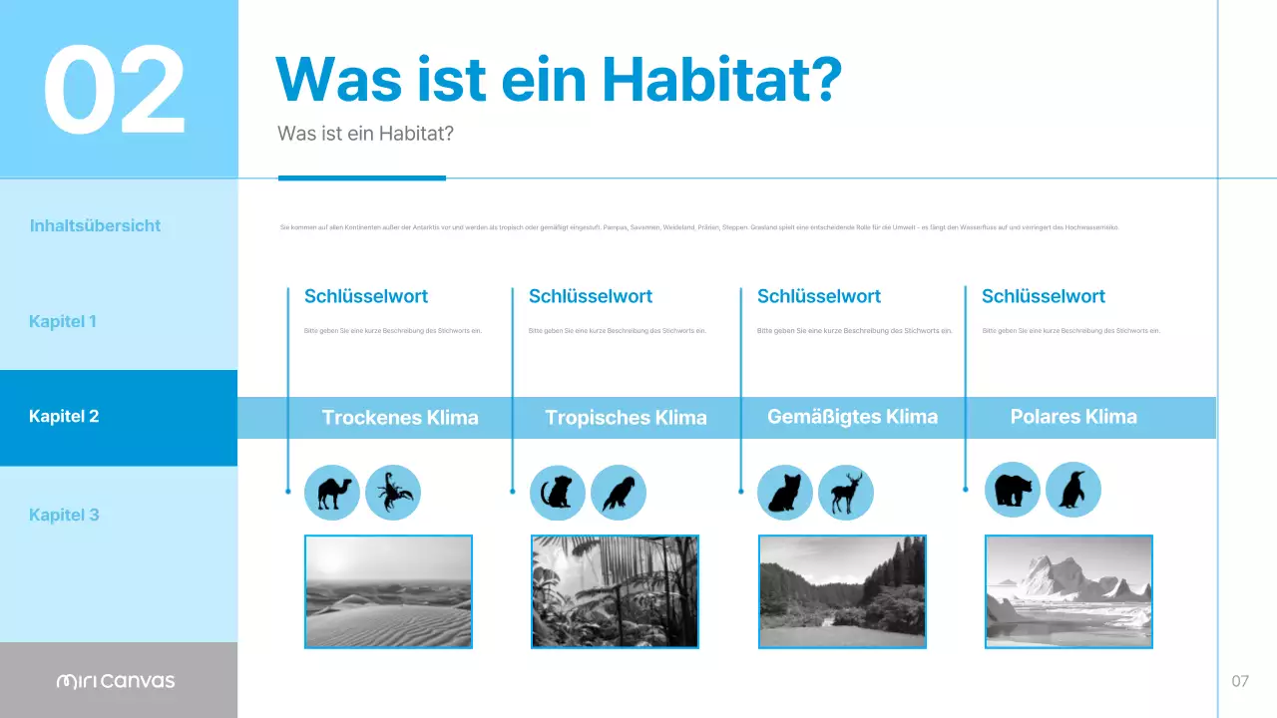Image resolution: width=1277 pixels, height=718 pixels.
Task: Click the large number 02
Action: tap(114, 91)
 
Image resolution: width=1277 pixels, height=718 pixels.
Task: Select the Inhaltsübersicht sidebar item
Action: tap(95, 225)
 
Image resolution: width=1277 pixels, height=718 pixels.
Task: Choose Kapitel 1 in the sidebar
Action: tap(63, 321)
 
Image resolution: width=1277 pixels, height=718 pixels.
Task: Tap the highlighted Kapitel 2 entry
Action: tap(64, 416)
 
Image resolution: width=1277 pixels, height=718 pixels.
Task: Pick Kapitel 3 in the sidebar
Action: tap(64, 515)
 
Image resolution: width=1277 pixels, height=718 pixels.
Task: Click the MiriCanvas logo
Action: tap(116, 681)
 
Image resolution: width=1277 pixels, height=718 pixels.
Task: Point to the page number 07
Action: tap(1240, 681)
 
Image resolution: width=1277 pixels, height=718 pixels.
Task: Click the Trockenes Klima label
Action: tap(400, 418)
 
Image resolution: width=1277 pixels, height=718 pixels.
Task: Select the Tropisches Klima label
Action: tap(626, 418)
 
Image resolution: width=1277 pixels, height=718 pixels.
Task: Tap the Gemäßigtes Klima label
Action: tap(852, 417)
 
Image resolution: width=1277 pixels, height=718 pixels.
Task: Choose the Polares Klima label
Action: tap(1073, 417)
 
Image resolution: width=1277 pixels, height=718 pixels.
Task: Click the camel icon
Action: tap(332, 493)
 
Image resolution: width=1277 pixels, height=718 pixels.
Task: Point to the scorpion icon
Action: tap(393, 493)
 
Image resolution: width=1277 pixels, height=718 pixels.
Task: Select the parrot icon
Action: tap(619, 493)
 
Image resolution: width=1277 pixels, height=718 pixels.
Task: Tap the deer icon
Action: tap(846, 493)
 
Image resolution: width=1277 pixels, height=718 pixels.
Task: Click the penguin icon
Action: tap(1073, 490)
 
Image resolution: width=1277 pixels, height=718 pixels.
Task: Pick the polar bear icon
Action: tap(1013, 490)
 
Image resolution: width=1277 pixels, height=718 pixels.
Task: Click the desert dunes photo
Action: tap(388, 591)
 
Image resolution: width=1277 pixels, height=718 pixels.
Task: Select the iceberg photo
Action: tap(1068, 591)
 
